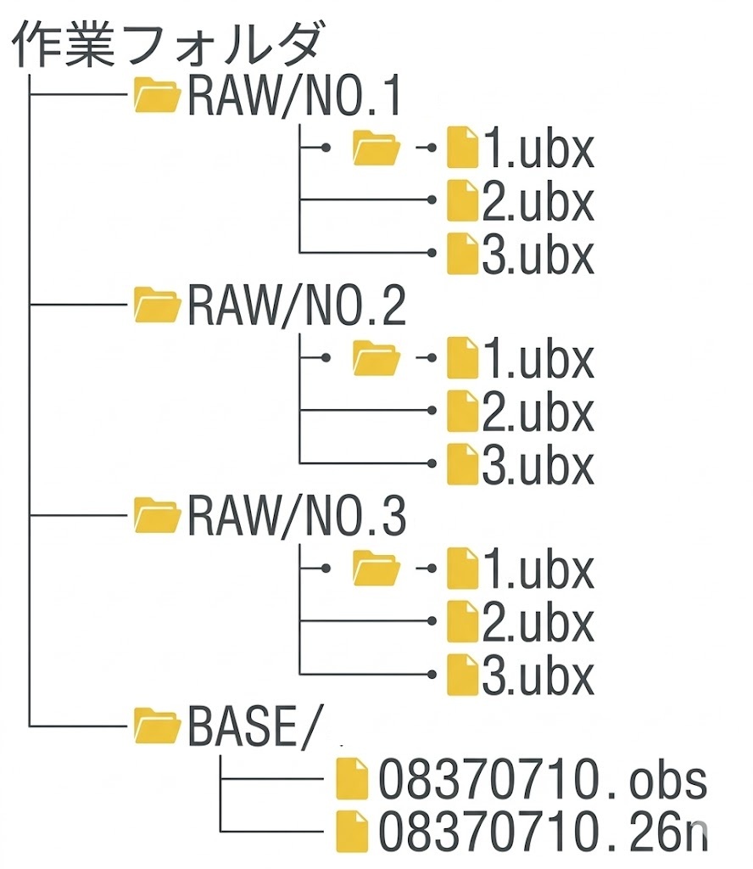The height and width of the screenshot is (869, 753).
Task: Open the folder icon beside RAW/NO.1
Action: (x=158, y=97)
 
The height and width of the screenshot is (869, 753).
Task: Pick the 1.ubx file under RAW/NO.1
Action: (x=537, y=150)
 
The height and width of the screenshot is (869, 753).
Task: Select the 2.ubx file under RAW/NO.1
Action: (x=537, y=202)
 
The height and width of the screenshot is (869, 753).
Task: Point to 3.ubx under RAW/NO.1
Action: (x=537, y=254)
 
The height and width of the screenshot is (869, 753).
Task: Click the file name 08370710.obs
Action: (x=542, y=779)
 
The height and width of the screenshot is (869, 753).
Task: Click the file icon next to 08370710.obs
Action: (x=352, y=779)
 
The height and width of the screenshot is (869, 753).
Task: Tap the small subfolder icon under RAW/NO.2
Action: (x=376, y=358)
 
